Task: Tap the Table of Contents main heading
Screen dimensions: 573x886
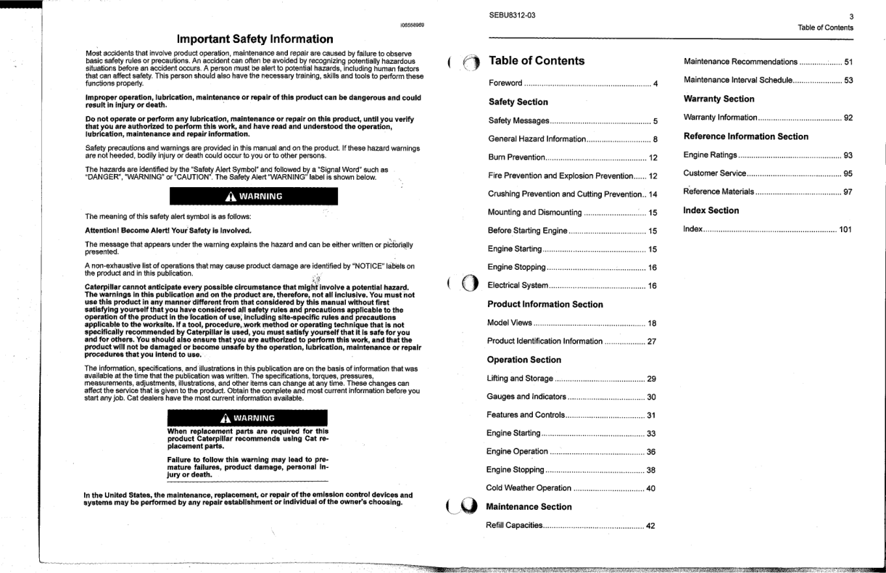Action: point(537,61)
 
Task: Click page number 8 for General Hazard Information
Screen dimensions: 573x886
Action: point(655,139)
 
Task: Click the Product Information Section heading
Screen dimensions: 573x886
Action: point(545,305)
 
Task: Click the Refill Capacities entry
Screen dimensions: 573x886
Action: point(515,525)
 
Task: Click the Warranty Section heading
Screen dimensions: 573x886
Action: point(719,99)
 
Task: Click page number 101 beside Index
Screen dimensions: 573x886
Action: point(845,230)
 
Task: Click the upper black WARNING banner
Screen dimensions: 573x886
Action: point(244,197)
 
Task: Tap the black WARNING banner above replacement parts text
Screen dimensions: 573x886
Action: point(244,418)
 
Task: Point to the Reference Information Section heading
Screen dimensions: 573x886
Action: point(746,136)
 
